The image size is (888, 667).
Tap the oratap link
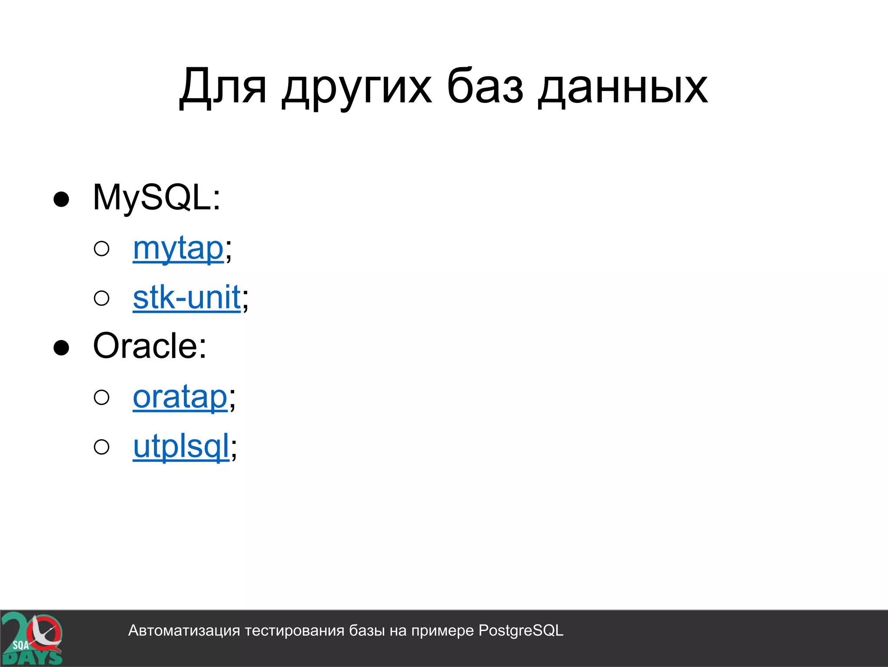(180, 397)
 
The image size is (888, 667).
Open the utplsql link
(181, 447)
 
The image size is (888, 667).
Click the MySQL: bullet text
(157, 198)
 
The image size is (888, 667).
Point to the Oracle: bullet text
(150, 346)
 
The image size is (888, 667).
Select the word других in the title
(357, 89)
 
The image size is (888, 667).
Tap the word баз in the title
(484, 87)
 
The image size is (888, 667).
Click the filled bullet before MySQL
(61, 199)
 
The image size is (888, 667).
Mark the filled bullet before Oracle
(61, 348)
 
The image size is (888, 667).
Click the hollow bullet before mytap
(101, 249)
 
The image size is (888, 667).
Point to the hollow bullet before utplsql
(101, 447)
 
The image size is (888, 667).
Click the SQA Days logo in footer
(32, 638)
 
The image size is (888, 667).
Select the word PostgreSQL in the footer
(521, 631)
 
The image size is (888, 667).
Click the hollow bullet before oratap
(101, 398)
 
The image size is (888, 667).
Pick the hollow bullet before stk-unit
(101, 298)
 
